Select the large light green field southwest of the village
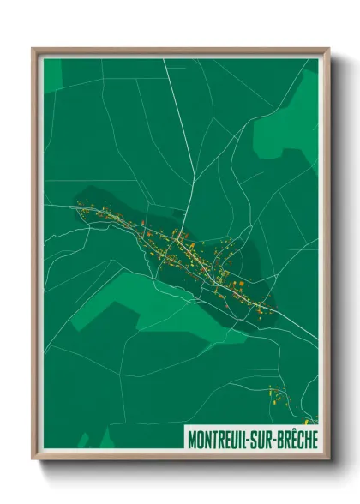click(137, 300)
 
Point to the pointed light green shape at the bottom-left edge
click(84, 441)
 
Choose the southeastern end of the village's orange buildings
click(273, 308)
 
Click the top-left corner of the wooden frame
click(33, 49)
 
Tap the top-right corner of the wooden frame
click(327, 49)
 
